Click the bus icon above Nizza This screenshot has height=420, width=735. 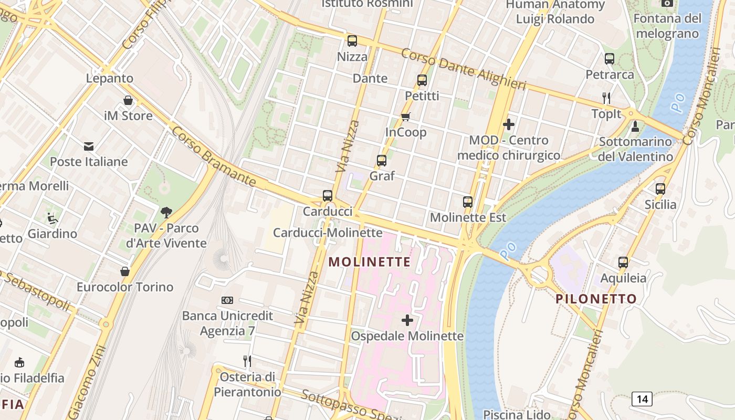(x=352, y=41)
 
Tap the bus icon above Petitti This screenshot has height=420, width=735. (x=422, y=80)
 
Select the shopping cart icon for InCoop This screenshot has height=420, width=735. (x=405, y=117)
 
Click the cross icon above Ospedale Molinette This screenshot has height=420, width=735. (x=407, y=320)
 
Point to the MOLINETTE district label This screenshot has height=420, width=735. (x=370, y=261)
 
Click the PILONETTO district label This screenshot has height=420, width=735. (x=596, y=299)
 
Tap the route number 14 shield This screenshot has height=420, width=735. (x=642, y=399)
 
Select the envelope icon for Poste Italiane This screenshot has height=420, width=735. (x=89, y=146)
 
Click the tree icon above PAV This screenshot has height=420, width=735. (x=166, y=213)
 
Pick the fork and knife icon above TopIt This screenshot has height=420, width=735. (x=606, y=98)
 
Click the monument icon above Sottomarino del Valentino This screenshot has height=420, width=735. (x=635, y=126)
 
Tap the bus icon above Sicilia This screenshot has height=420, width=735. (x=660, y=189)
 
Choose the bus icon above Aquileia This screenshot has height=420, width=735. (x=623, y=262)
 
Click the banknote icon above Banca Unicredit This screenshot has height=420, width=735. (x=227, y=300)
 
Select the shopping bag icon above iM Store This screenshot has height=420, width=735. (x=128, y=100)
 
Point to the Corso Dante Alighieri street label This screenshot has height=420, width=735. (x=463, y=69)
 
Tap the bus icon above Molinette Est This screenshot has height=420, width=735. (x=468, y=202)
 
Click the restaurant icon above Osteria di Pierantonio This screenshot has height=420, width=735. (x=247, y=361)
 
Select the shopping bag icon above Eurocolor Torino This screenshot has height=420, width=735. (x=125, y=271)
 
